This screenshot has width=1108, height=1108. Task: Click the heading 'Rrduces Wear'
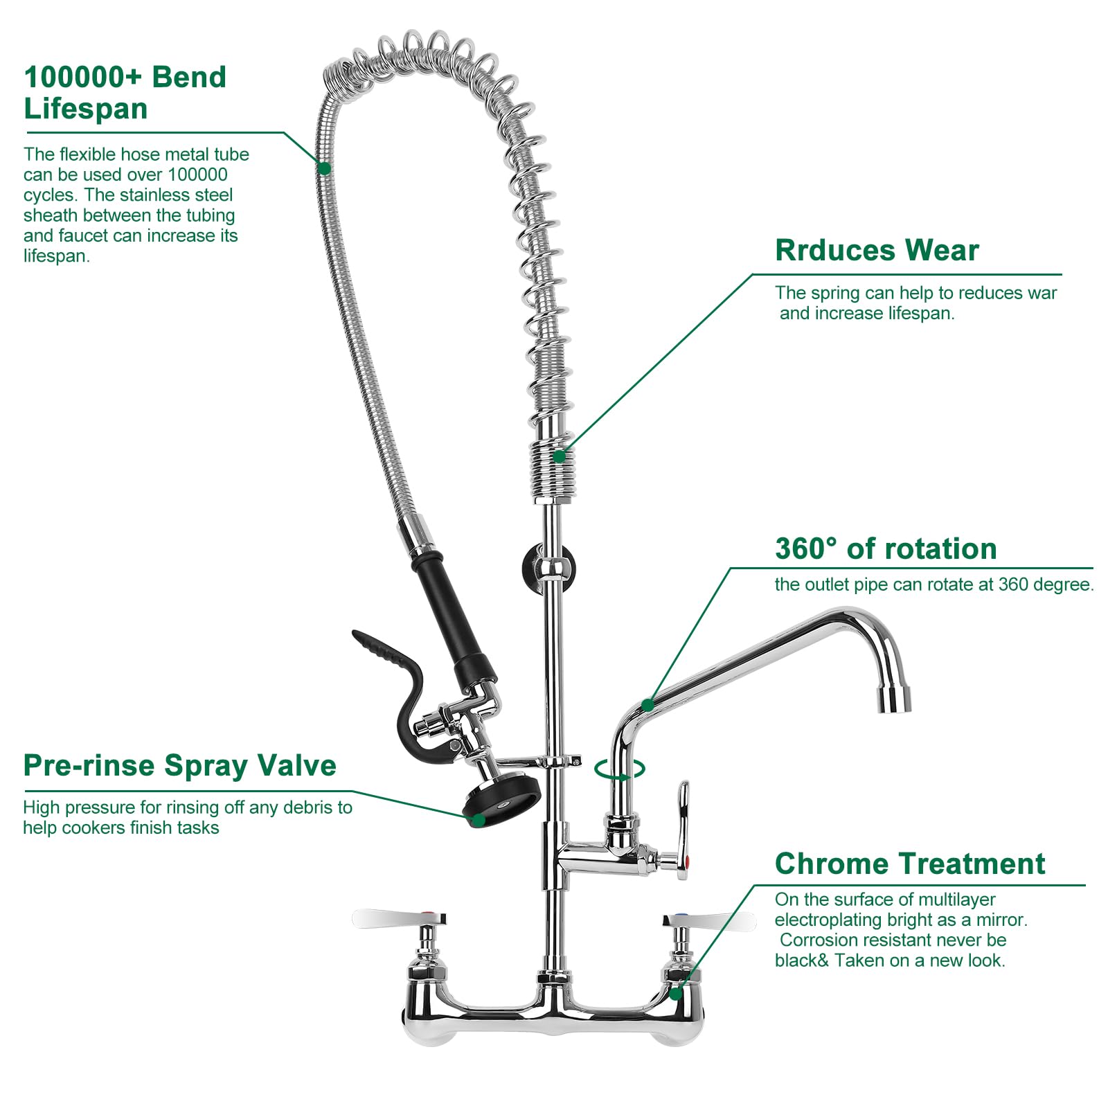[877, 250]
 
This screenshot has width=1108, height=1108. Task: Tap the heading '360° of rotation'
[885, 548]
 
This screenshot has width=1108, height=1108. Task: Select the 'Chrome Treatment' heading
[909, 864]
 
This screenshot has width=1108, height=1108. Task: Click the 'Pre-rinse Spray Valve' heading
[179, 765]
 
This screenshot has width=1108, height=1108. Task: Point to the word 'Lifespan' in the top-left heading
[86, 109]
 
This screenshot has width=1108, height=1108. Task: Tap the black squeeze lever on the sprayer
[395, 665]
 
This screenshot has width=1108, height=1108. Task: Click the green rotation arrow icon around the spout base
[620, 769]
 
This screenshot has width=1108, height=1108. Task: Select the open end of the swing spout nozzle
[895, 699]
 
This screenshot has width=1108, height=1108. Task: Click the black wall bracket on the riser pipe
[547, 568]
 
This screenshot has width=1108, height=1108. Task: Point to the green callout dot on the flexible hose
[324, 168]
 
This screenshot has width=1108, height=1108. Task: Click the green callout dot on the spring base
[560, 456]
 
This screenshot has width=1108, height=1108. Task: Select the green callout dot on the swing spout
[647, 705]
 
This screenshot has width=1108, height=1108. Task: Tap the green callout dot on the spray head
[478, 820]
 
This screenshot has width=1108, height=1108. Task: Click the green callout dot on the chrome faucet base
[676, 994]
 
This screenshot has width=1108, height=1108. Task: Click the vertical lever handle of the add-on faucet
[683, 817]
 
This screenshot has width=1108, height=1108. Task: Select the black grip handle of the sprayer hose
[454, 616]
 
